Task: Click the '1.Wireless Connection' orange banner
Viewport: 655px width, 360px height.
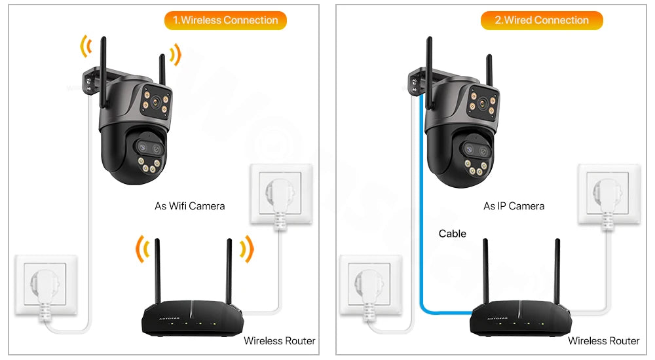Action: pos(225,20)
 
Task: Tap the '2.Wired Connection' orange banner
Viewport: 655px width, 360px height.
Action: pos(542,20)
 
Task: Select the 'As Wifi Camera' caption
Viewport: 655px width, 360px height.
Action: pos(189,206)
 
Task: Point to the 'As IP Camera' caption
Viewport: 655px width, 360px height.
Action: pos(514,206)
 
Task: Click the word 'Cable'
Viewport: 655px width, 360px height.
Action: pos(452,234)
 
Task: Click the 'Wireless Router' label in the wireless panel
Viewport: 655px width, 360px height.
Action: pos(279,340)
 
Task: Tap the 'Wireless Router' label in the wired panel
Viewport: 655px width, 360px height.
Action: pos(603,340)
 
